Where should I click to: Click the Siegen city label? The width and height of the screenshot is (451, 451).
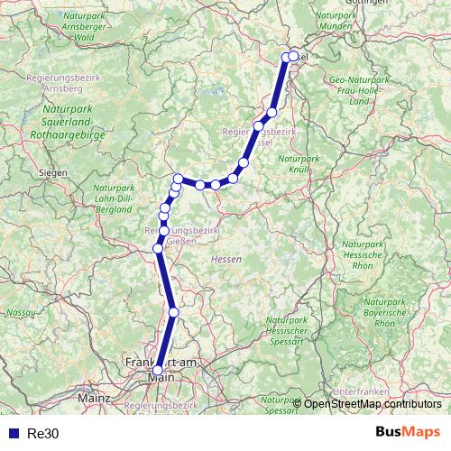point(53,170)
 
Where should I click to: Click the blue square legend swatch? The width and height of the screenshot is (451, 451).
point(11,432)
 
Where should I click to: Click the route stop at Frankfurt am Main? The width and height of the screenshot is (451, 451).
point(158,370)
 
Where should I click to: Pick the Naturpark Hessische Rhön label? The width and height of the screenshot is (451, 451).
point(362,257)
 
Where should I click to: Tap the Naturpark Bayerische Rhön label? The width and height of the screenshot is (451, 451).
point(383,311)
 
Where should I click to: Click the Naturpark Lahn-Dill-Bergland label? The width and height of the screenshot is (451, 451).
point(114,197)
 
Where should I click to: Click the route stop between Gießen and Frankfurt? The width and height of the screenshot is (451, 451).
point(174,312)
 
